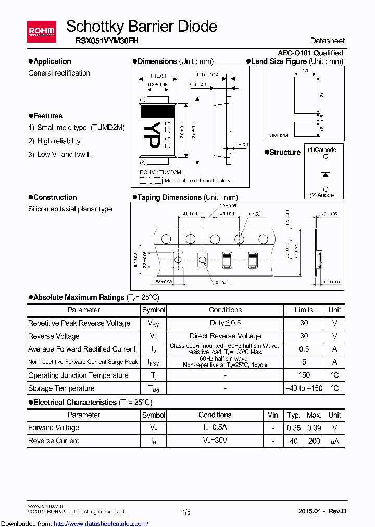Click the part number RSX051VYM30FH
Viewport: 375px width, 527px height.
point(102,41)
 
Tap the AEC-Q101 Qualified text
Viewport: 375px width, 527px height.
point(310,53)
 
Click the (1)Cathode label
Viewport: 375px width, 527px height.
point(322,150)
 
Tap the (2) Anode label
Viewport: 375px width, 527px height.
point(321,195)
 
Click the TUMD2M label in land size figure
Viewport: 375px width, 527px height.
point(278,135)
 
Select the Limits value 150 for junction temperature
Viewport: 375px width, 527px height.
point(304,375)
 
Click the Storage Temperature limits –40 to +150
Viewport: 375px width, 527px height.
point(304,388)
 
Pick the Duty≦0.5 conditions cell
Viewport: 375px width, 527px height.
point(225,323)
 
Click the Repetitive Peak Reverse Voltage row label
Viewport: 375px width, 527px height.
point(79,323)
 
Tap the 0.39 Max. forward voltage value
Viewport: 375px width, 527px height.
point(314,428)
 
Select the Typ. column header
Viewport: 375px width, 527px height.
point(294,415)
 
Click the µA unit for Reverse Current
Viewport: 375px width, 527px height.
point(334,441)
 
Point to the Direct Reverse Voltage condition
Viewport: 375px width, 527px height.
point(225,336)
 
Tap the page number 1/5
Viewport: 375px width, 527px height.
point(186,512)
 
